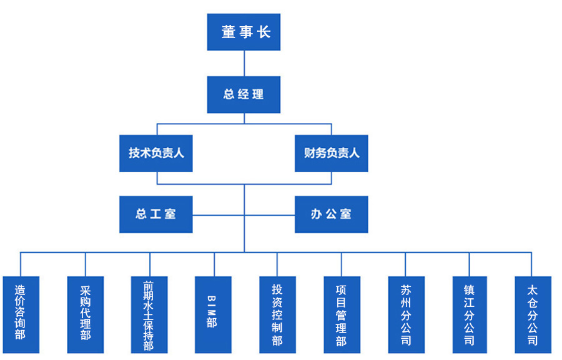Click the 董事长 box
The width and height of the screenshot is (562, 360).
click(x=244, y=32)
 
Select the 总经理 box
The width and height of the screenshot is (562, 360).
click(x=244, y=94)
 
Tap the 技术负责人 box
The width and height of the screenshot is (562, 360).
click(x=156, y=153)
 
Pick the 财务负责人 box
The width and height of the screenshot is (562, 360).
click(x=332, y=153)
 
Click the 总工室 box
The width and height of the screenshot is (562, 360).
click(x=156, y=214)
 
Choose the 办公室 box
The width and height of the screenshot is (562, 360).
click(x=332, y=214)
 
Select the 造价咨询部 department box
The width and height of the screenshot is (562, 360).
click(x=21, y=314)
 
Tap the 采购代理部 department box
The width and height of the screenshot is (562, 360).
click(x=86, y=314)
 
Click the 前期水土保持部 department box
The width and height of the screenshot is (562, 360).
click(x=150, y=314)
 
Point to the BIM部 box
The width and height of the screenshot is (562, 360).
click(x=214, y=314)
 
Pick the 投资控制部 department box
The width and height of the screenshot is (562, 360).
click(x=278, y=314)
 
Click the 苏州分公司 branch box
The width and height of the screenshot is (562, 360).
click(x=406, y=314)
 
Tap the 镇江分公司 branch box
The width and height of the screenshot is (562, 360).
click(x=470, y=314)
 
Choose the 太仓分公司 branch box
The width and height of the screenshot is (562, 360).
click(x=533, y=314)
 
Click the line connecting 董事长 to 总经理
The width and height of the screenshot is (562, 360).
click(x=244, y=63)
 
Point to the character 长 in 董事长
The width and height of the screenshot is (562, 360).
click(x=264, y=32)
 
